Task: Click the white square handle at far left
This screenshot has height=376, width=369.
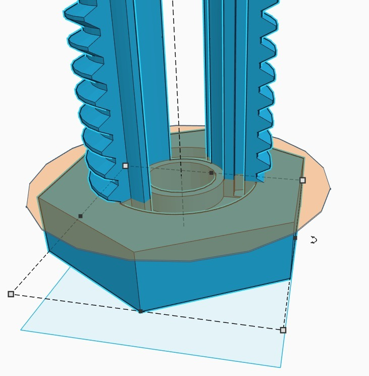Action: click(11, 294)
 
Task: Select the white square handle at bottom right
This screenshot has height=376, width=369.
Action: click(283, 330)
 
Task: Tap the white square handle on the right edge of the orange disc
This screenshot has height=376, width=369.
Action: click(302, 180)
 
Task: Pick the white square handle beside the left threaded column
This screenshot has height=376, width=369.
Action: click(125, 165)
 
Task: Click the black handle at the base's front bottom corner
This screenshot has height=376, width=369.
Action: click(140, 311)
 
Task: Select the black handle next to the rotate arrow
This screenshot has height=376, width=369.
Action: click(295, 238)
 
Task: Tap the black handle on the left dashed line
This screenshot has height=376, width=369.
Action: click(80, 216)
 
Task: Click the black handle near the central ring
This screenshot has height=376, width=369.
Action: click(211, 173)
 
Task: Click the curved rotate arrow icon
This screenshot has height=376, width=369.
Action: click(313, 240)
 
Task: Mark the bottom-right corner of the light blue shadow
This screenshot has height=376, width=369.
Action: click(280, 367)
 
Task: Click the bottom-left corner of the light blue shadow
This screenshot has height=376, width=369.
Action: click(21, 330)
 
